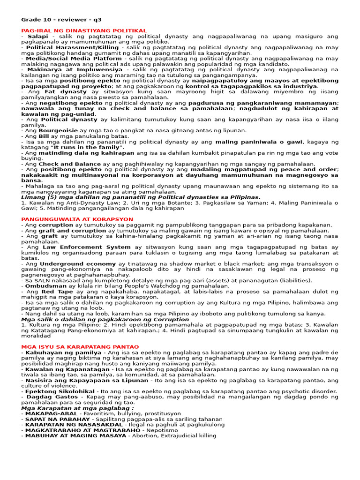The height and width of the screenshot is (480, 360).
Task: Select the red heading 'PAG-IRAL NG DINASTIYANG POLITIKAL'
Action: click(84, 30)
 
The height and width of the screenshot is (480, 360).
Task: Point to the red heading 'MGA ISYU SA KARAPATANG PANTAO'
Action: click(80, 347)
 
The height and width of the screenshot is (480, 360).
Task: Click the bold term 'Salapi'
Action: click(38, 36)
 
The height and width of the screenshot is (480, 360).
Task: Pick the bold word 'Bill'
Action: click(44, 136)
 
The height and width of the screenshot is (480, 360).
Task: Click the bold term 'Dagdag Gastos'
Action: click(47, 397)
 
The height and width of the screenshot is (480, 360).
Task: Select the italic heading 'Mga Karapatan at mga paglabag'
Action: click(76, 408)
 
